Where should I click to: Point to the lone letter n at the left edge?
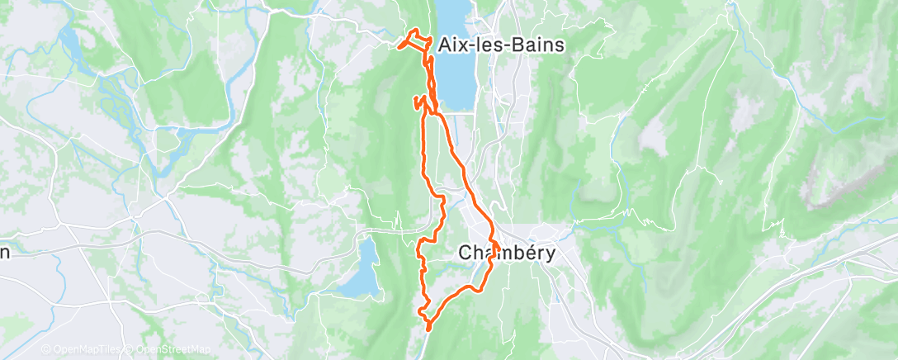point(4,253)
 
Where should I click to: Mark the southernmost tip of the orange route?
point(428,329)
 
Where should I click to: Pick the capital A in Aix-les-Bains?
point(448,45)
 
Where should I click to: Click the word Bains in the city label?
point(540,45)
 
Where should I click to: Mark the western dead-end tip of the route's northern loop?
point(400,46)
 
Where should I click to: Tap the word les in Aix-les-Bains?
point(493,45)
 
